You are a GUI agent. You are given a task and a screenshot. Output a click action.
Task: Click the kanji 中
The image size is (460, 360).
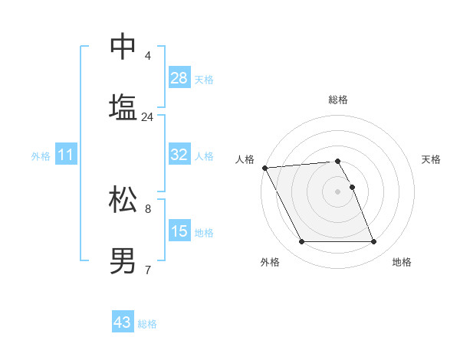(x=123, y=47)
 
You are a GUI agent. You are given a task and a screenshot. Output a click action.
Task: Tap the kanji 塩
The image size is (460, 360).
(x=123, y=106)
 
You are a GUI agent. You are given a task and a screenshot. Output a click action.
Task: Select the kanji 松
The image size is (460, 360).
(x=123, y=199)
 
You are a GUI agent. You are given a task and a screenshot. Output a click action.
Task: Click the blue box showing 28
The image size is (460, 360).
(x=179, y=78)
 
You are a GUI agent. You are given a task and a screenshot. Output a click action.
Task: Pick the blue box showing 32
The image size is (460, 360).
(x=179, y=155)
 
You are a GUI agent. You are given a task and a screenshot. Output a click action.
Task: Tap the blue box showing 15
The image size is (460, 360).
(x=179, y=231)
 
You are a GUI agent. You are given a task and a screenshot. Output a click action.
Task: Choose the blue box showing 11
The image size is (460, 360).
(x=66, y=155)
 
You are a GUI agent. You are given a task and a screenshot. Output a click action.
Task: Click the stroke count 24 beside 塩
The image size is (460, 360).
(x=147, y=117)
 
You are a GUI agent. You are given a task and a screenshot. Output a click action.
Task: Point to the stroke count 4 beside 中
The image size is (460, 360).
(x=147, y=56)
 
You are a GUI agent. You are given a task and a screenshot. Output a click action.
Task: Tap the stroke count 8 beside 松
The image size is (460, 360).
(x=147, y=208)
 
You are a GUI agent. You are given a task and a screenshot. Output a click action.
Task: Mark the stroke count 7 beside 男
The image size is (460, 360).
(x=147, y=270)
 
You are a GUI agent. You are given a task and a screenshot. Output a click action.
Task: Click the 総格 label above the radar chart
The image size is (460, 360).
(x=337, y=100)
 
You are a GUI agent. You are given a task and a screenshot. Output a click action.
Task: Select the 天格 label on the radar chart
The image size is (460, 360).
(x=431, y=159)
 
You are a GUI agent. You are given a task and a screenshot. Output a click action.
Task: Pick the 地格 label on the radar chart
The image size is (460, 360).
(x=402, y=262)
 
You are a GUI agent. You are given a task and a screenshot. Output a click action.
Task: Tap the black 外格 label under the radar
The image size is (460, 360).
(x=270, y=262)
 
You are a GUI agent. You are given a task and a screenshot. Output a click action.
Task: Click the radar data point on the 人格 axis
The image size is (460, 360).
(x=264, y=168)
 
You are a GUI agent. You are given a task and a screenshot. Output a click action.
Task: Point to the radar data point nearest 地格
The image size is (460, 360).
(x=373, y=242)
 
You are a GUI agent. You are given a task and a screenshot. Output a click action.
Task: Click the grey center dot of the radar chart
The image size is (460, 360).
(x=337, y=191)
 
